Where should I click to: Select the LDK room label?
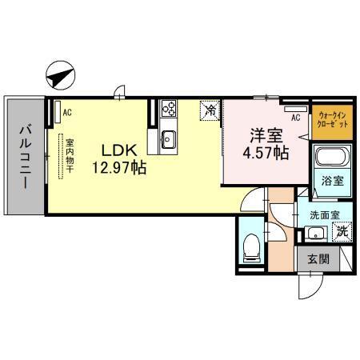tap(120, 150)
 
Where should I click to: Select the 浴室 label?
tap(332, 181)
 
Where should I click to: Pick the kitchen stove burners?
tap(169, 108)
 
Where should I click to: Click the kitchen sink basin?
tap(168, 138)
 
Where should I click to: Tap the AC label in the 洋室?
tap(295, 118)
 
